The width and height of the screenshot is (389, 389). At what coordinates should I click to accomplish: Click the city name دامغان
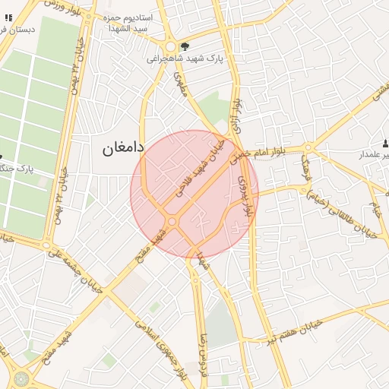(123, 147)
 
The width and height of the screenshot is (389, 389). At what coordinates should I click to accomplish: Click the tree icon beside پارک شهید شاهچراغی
(184, 46)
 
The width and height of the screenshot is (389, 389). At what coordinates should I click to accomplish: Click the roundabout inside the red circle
(172, 221)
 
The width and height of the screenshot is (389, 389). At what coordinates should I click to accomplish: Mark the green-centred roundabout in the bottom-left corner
(18, 378)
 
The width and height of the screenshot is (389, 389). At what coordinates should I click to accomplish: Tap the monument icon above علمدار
(385, 143)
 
